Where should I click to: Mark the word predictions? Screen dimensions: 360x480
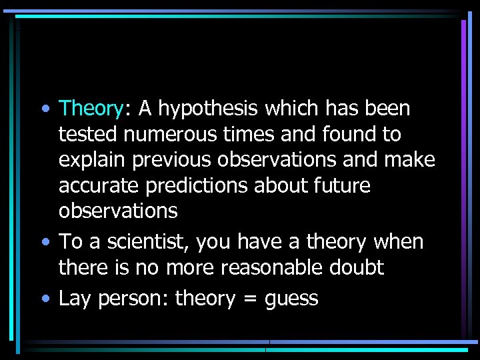pyautogui.click(x=201, y=185)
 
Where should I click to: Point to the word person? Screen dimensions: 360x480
pyautogui.click(x=134, y=299)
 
